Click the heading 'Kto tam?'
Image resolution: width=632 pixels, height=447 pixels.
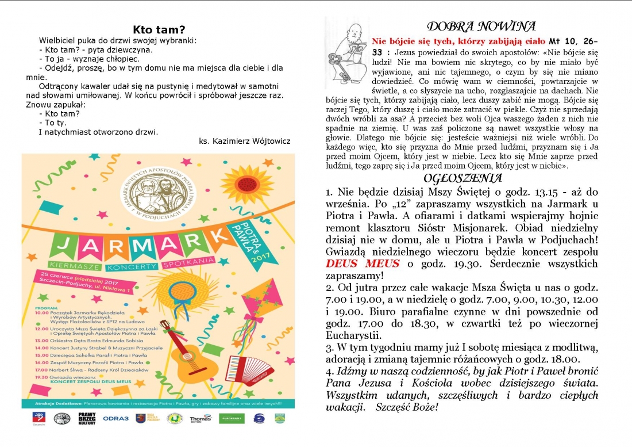click(x=159, y=29)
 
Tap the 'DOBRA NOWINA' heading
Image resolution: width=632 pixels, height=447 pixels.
click(x=481, y=26)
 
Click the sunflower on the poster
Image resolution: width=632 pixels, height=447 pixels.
click(x=246, y=184)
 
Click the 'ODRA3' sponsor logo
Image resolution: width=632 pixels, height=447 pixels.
click(x=116, y=418)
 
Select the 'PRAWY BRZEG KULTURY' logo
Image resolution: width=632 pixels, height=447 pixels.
click(x=87, y=418)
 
